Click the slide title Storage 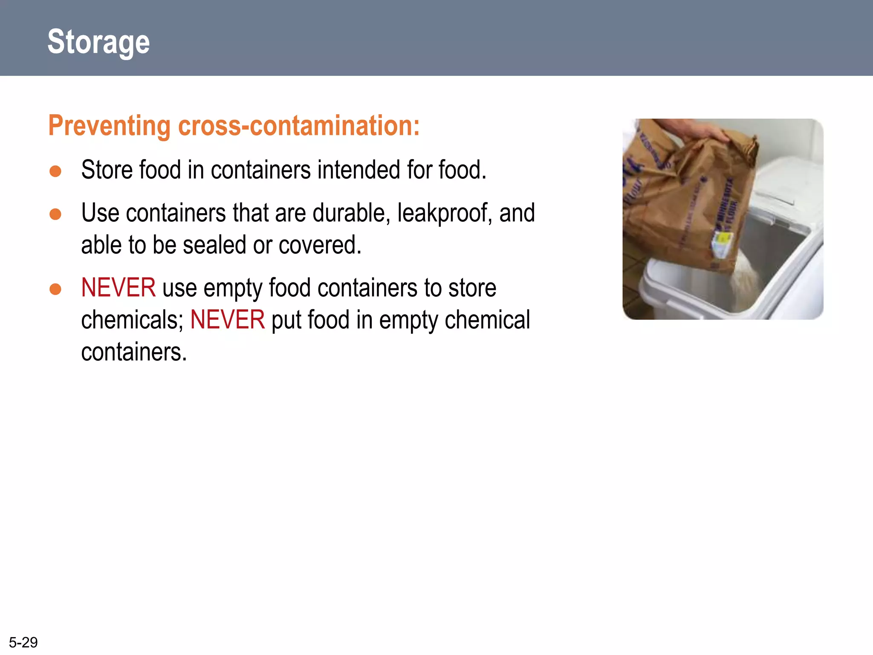click(98, 42)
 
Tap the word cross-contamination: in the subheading click(299, 126)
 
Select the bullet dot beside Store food click(55, 171)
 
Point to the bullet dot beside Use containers click(55, 214)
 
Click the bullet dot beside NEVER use click(55, 289)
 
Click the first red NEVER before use click(118, 287)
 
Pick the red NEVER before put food click(227, 320)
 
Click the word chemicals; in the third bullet click(132, 320)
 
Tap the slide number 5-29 click(23, 642)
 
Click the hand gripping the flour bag click(704, 132)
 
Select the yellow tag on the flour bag click(722, 243)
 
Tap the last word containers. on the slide click(134, 352)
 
